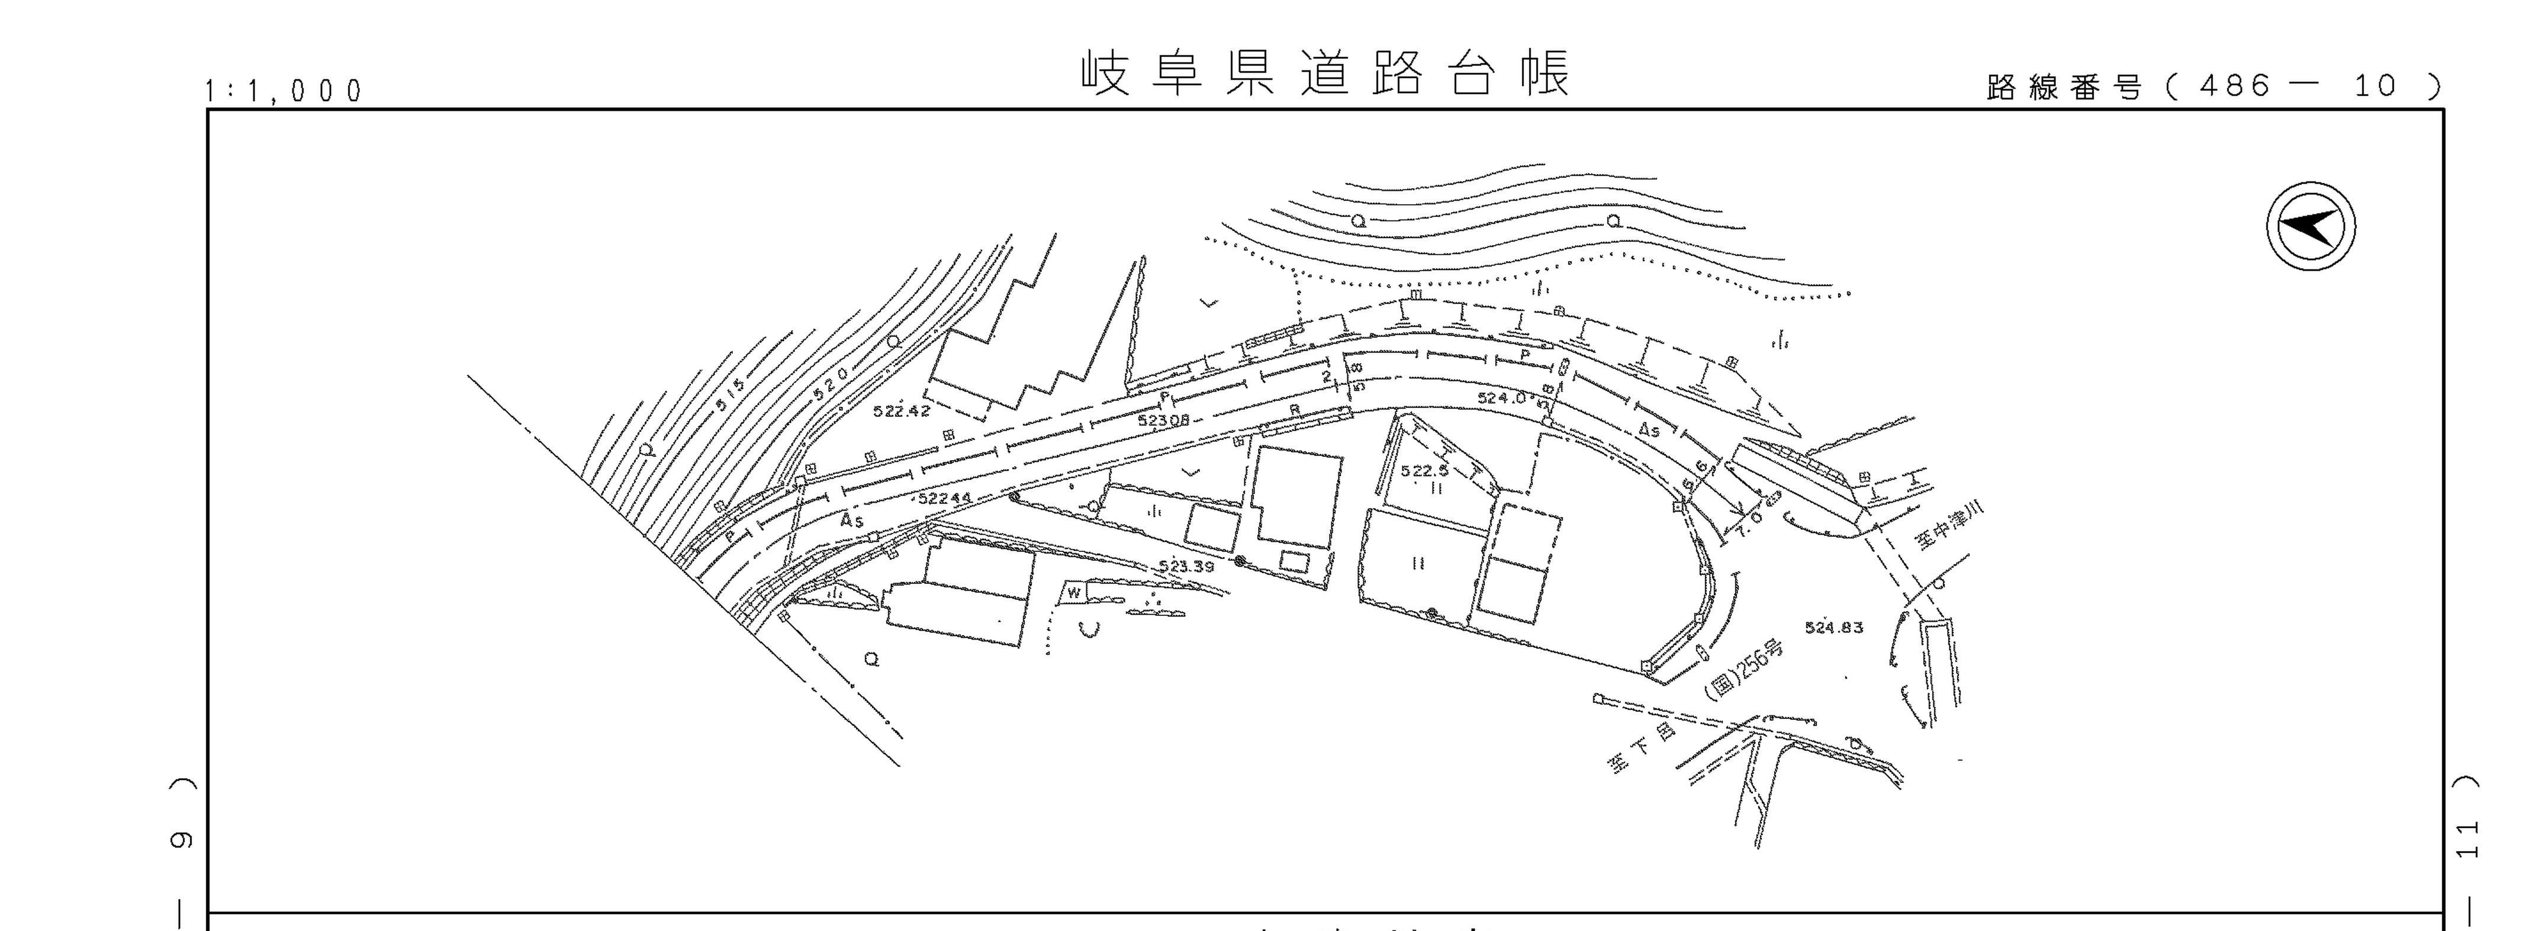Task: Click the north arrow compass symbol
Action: [x=2310, y=226]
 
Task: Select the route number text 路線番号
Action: [x=2064, y=88]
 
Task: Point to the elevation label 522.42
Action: [x=901, y=410]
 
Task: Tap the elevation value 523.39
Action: [x=1186, y=566]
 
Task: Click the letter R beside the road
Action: [x=1294, y=410]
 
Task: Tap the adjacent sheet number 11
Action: [x=2467, y=839]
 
